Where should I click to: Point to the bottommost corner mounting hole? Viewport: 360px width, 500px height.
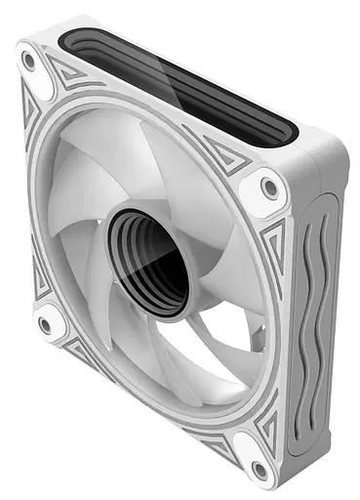[x=258, y=471]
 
